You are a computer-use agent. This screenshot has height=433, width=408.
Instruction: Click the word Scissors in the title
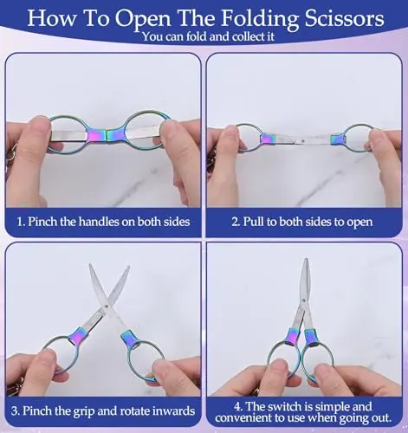click(x=345, y=18)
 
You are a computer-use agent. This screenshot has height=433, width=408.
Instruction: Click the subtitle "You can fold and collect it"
click(x=208, y=36)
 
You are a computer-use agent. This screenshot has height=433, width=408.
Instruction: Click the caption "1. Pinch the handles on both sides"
click(x=103, y=222)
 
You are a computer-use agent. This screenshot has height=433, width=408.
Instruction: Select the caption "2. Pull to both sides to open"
click(x=302, y=222)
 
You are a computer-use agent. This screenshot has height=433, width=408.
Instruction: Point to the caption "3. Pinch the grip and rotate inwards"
click(x=103, y=410)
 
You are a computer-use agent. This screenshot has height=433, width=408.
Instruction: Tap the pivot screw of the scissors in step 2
click(x=302, y=141)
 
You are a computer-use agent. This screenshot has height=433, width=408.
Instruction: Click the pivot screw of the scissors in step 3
click(x=107, y=306)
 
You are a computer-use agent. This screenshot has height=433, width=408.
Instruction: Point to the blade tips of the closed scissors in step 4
click(x=306, y=260)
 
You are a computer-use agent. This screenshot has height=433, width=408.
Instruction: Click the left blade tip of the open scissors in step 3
click(x=91, y=265)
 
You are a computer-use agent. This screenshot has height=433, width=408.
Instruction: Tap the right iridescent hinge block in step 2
click(x=338, y=139)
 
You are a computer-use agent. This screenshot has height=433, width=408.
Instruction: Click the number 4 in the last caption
click(x=238, y=407)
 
